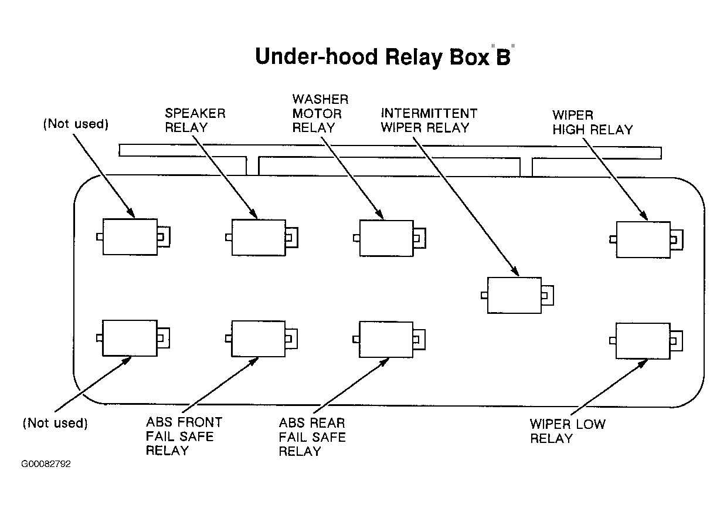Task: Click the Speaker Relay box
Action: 259,237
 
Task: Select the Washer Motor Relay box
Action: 386,238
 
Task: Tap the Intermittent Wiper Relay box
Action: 515,295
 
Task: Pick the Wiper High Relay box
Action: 643,239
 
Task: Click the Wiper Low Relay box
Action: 643,341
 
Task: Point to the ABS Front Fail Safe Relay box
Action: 259,339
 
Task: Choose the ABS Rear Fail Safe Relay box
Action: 386,339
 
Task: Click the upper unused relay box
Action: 130,236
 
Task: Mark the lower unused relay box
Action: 130,337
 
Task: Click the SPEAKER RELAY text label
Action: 195,120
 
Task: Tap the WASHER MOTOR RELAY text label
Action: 320,113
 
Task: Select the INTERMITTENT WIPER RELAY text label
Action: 429,120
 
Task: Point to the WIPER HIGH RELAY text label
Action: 592,122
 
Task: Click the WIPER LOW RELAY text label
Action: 568,431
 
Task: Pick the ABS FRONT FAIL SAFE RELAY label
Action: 184,436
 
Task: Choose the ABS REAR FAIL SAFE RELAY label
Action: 312,437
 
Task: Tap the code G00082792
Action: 46,464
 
